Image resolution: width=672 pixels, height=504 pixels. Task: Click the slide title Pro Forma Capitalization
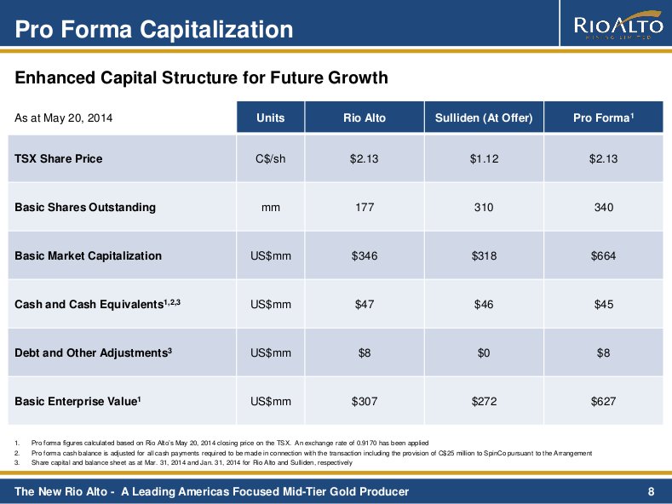(154, 31)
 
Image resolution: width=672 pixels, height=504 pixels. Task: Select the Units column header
(270, 118)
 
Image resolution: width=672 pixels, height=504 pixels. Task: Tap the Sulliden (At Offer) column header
(483, 118)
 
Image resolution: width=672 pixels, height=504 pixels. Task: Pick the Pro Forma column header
(604, 118)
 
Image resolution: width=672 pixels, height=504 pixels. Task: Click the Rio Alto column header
(364, 118)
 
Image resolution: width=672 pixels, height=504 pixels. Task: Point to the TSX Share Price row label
(59, 158)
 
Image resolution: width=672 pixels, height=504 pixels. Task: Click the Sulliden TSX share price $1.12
(483, 158)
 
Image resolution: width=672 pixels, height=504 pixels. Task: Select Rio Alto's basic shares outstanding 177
(364, 207)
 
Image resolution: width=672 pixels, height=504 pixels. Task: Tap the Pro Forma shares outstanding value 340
(604, 207)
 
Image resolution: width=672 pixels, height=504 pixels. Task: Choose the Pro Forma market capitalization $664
(604, 255)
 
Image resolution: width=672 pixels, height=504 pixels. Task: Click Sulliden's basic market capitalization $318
(483, 255)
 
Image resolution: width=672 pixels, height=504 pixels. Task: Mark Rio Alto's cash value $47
(364, 304)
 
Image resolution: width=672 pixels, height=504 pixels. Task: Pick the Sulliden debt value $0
(483, 352)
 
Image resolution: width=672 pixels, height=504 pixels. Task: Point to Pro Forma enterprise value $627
(604, 401)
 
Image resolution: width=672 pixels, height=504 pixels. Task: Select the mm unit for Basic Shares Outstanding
(270, 207)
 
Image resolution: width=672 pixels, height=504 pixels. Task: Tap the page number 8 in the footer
(651, 491)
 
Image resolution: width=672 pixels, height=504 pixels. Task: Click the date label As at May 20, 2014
(64, 118)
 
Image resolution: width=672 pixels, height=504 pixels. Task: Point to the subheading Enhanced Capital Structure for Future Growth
(202, 78)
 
